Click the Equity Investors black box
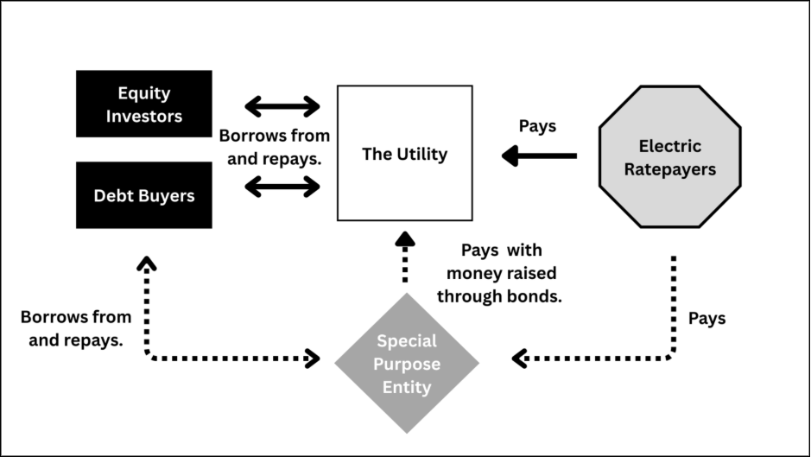[x=143, y=104]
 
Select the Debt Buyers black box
[x=143, y=195]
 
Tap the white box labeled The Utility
[x=404, y=153]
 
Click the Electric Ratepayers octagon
[x=670, y=156]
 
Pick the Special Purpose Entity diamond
[x=407, y=364]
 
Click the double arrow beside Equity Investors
[x=282, y=106]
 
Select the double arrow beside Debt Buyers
[x=282, y=187]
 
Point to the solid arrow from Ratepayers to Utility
[x=539, y=156]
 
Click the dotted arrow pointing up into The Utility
[x=405, y=257]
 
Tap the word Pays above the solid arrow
[x=537, y=126]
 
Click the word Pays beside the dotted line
[x=706, y=318]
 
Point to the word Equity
[x=143, y=93]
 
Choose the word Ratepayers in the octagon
[x=670, y=169]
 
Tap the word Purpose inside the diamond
[x=407, y=364]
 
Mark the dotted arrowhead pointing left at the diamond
[x=519, y=359]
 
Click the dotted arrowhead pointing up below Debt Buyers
[x=147, y=263]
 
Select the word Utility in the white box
[x=422, y=155]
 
